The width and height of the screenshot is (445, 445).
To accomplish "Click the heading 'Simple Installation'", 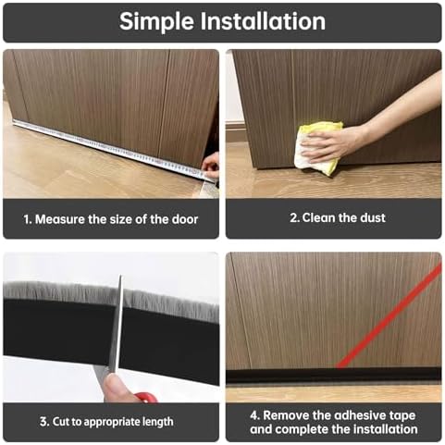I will [222, 21].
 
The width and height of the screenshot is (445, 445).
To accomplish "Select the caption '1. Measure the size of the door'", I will [110, 219].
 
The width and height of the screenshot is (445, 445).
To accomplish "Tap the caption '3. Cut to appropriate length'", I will [110, 421].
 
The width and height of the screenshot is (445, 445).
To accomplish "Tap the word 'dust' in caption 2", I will [370, 218].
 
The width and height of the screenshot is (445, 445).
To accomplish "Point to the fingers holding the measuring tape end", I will [211, 167].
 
